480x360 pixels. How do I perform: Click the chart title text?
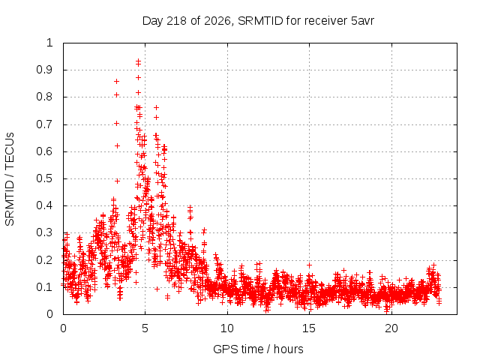[x=258, y=21]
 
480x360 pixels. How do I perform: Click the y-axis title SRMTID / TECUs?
[x=10, y=179]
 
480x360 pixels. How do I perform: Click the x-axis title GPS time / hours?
[x=258, y=349]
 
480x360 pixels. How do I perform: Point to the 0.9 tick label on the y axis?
[x=44, y=70]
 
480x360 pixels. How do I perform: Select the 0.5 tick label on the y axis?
[x=44, y=178]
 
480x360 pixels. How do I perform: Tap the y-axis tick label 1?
[x=49, y=43]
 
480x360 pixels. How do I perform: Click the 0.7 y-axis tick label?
[x=44, y=124]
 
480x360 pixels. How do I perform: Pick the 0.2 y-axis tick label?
[x=44, y=260]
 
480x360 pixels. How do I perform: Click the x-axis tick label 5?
[x=145, y=328]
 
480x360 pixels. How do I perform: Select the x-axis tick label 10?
[x=227, y=328]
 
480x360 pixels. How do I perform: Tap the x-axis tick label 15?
[x=309, y=328]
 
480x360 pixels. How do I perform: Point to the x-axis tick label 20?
[x=391, y=328]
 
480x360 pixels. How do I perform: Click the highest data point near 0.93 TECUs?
[x=138, y=61]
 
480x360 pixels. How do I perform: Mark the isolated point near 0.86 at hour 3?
[x=116, y=82]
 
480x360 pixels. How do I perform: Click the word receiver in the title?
[x=326, y=21]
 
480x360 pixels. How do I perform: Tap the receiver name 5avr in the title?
[x=362, y=21]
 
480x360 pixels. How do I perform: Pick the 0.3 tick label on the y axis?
[x=44, y=232]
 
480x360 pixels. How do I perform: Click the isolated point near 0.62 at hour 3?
[x=117, y=145]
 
